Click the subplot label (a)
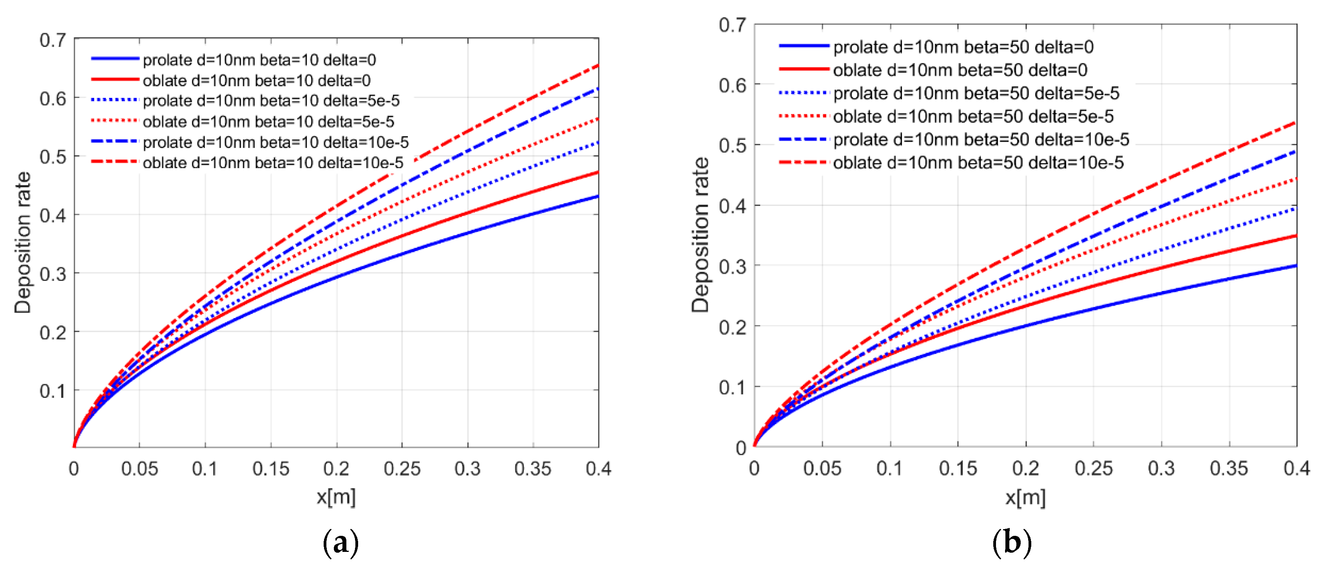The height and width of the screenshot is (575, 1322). coord(340,542)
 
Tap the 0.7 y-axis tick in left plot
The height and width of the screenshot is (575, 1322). coord(53,40)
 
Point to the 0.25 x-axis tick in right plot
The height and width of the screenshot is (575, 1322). coord(1094,468)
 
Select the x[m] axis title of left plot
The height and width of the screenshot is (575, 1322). coord(336,497)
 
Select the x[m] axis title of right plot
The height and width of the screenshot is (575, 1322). coord(1025,497)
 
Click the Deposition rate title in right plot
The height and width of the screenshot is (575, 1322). coord(701,235)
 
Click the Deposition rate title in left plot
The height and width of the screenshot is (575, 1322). coord(23,242)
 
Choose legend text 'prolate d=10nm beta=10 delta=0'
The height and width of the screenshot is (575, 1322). coord(259,60)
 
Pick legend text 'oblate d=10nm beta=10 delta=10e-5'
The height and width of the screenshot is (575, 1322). coord(273,163)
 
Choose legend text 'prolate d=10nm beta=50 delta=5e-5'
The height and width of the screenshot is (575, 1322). coord(976,93)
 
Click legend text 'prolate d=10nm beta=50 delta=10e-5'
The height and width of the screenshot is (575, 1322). coord(981,139)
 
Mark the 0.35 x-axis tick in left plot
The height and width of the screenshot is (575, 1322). coord(533,469)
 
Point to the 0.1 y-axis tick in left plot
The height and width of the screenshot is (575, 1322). coord(53,391)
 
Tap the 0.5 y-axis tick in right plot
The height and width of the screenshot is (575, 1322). coord(732,146)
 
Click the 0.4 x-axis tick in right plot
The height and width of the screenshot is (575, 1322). coord(1297,468)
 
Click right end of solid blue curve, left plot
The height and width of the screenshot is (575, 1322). coord(598,196)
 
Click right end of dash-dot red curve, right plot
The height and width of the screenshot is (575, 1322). coord(1296,123)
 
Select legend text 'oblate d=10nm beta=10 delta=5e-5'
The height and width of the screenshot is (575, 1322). coord(268,121)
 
